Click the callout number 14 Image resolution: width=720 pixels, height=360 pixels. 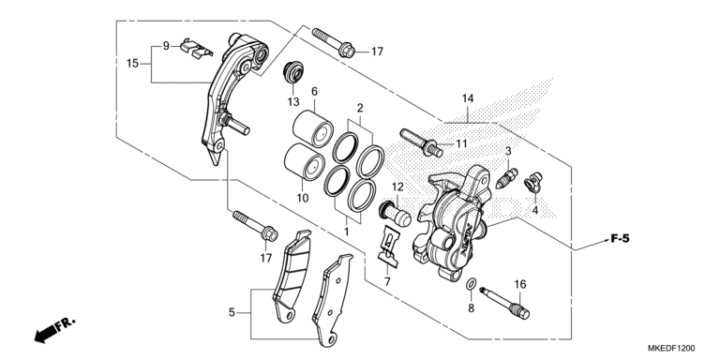click(x=468, y=98)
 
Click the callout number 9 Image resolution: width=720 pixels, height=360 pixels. click(x=165, y=46)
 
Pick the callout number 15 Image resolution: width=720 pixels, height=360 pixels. click(x=133, y=63)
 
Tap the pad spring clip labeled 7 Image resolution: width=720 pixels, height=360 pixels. click(x=383, y=245)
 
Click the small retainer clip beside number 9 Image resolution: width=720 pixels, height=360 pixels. click(x=191, y=47)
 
